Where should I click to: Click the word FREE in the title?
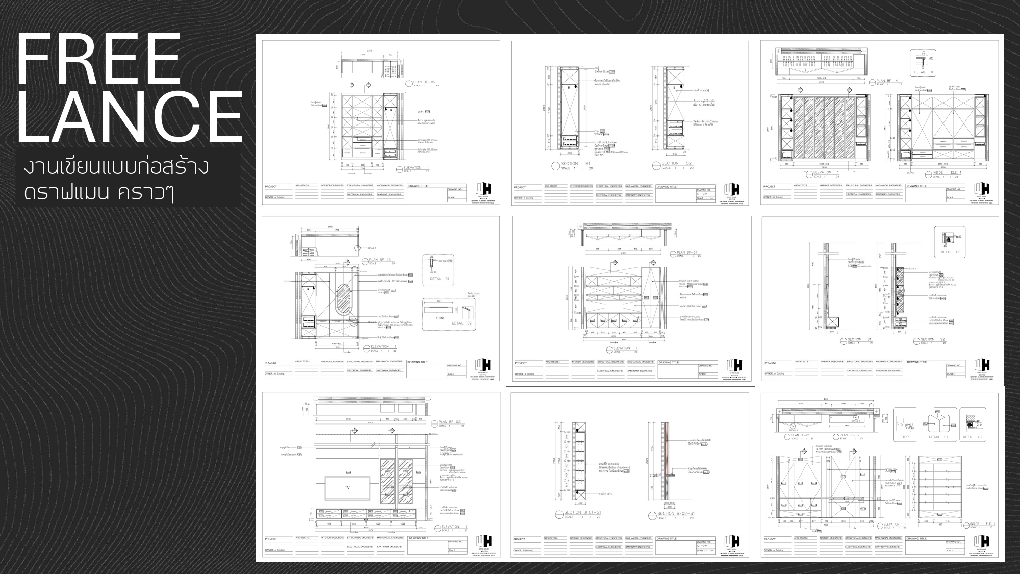(x=99, y=60)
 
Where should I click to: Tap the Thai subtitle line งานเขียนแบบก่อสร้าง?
(x=116, y=167)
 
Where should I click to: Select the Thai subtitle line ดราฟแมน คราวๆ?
(x=99, y=193)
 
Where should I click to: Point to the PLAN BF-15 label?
(x=425, y=82)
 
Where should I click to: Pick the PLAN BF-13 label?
(x=380, y=260)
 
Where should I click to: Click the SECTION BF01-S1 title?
(x=582, y=512)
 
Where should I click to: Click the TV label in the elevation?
(x=347, y=488)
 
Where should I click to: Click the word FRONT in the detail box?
(x=440, y=318)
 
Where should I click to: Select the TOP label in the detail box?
(x=906, y=437)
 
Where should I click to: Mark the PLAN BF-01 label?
(x=800, y=435)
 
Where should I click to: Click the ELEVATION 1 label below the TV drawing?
(x=451, y=527)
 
